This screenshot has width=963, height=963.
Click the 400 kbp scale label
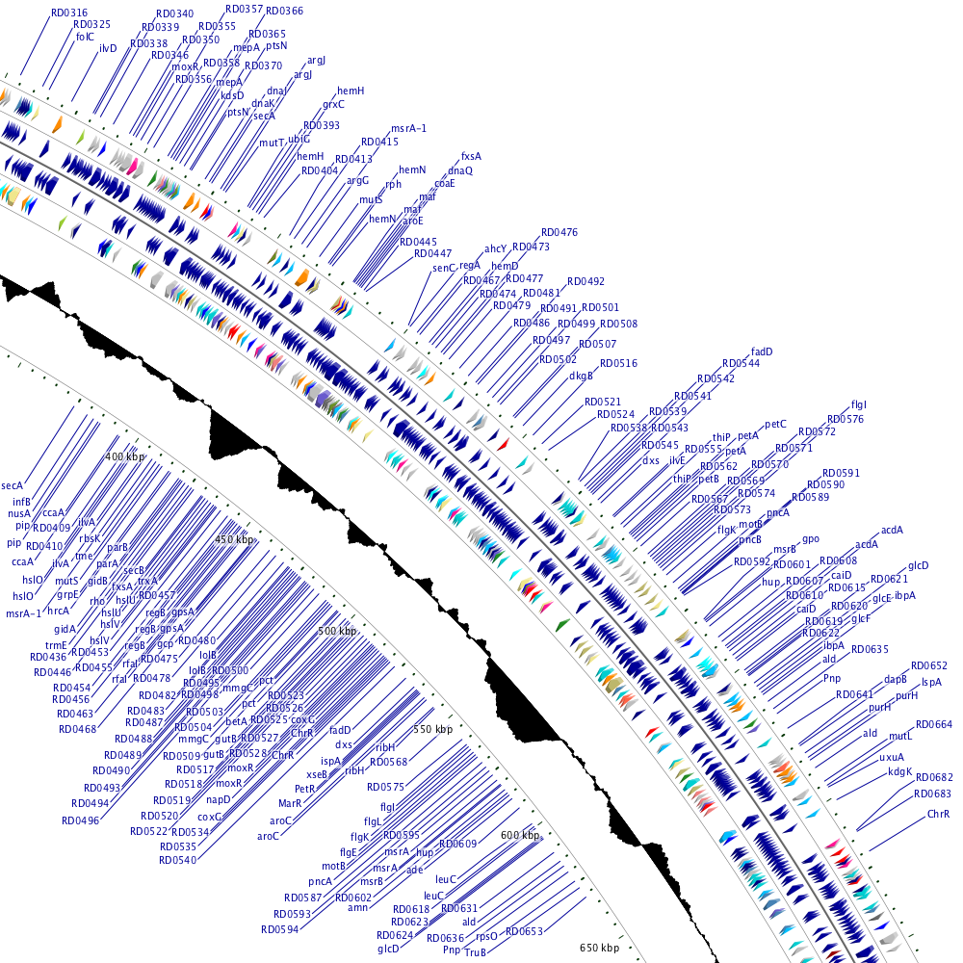coord(123,455)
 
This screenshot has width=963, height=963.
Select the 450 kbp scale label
coord(236,540)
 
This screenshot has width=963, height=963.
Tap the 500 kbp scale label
coord(337,631)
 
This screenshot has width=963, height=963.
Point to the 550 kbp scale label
coord(432,730)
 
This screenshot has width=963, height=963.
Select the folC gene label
coord(85,37)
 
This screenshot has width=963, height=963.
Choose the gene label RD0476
coord(560,232)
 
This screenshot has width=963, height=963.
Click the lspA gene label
coord(931,682)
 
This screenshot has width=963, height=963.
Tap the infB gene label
coord(22,502)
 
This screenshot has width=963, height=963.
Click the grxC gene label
coord(333,103)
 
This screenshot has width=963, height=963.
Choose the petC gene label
coord(776,424)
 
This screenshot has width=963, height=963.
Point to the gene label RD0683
coord(933,794)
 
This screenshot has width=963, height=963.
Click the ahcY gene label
coord(495,248)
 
